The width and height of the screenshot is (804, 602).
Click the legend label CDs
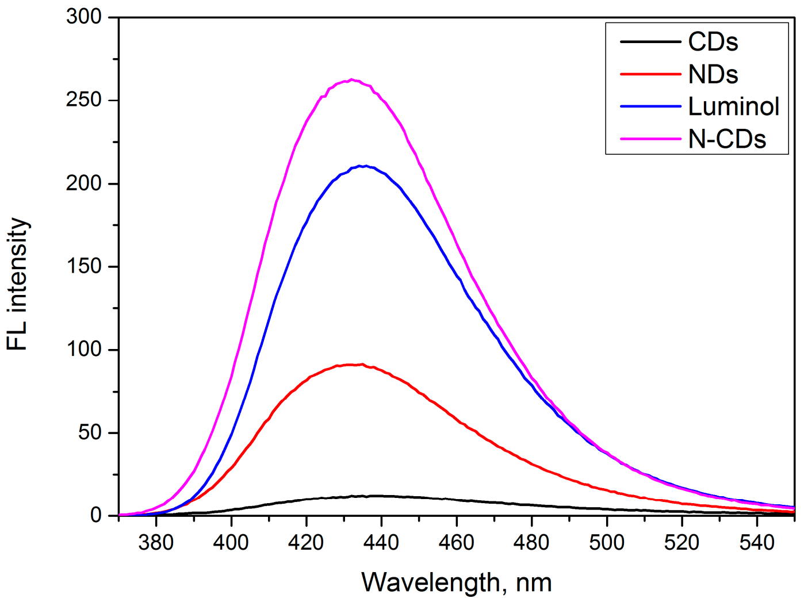pos(713,42)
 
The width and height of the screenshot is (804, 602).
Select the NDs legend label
pos(713,74)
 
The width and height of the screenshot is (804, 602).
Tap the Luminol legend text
pos(733,106)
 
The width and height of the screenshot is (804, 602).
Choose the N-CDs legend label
pos(727,139)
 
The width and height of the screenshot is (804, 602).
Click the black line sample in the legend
pos(650,42)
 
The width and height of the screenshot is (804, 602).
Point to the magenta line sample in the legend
pos(650,139)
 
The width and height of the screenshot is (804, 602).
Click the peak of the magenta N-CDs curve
pos(351,80)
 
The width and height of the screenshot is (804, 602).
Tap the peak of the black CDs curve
pos(374,496)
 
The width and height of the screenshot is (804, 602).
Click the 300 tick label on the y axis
pos(84,17)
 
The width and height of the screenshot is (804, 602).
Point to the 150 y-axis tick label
pos(84,266)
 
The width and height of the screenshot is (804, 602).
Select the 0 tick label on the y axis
pos(95,515)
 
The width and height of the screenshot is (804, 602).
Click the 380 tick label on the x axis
pos(156,542)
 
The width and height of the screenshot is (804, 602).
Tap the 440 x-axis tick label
pos(381,542)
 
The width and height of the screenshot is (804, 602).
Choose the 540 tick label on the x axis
pos(756,542)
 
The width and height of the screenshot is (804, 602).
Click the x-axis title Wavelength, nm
pos(456,582)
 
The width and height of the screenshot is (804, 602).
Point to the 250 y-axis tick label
pos(84,100)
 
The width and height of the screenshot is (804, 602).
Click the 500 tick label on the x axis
pos(606,542)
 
